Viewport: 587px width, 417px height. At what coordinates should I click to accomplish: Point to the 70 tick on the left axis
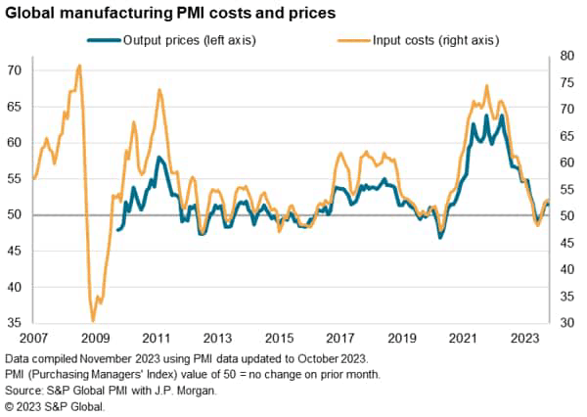coord(15,70)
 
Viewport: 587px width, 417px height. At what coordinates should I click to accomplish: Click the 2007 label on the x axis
coord(33,338)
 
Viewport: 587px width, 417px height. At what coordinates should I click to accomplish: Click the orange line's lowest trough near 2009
coord(93,320)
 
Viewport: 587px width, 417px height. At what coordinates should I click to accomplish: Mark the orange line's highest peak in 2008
coord(79,66)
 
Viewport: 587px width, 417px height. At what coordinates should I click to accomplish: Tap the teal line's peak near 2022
coord(486,116)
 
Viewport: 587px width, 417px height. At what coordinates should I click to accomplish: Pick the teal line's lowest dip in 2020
coord(440,237)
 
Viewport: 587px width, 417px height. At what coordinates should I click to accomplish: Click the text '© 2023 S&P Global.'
coord(60,406)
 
